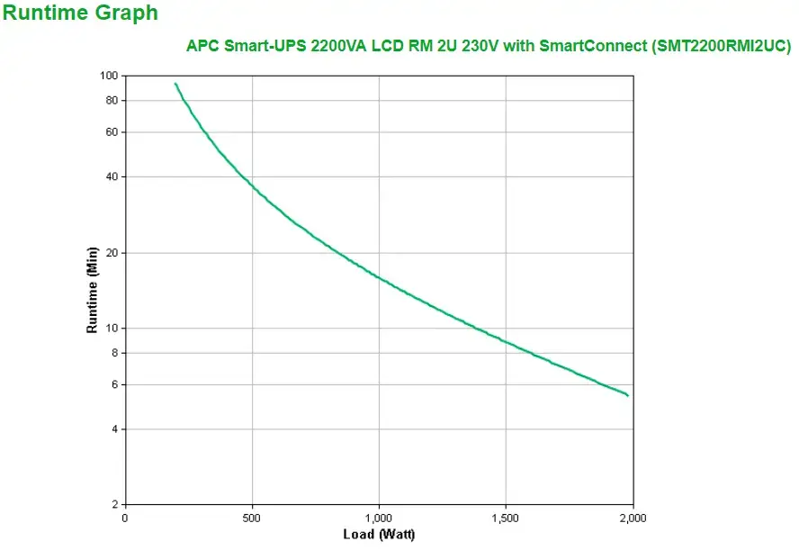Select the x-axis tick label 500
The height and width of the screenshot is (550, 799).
(252, 518)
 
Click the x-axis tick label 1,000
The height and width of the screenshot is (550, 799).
(379, 518)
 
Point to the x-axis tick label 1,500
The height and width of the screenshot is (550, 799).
(506, 518)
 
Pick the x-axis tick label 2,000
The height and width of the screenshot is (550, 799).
(633, 518)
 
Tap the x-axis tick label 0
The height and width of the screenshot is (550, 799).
(125, 518)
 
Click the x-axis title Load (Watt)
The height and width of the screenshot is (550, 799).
(379, 535)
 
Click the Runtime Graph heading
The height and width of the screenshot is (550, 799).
(81, 14)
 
